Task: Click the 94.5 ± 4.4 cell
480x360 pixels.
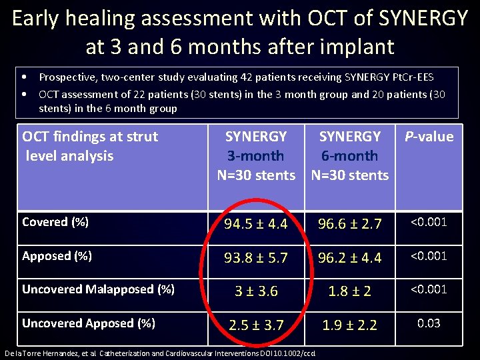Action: tap(256, 225)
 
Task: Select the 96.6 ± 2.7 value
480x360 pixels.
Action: tap(349, 225)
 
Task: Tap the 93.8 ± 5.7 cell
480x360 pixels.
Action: tap(256, 258)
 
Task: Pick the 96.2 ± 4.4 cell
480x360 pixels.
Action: tap(349, 258)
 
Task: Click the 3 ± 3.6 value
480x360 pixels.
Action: tap(256, 291)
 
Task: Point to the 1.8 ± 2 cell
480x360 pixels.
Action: tap(349, 291)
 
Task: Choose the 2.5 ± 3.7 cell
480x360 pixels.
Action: tap(256, 325)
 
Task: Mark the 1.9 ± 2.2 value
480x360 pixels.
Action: tap(349, 325)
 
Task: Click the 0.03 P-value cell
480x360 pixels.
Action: tap(429, 323)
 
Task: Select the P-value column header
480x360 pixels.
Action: tap(429, 137)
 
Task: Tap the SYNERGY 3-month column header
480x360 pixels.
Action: tap(256, 156)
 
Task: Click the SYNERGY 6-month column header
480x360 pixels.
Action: tap(349, 156)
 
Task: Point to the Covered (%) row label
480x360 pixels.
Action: tap(55, 222)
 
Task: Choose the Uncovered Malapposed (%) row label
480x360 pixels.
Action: tap(99, 289)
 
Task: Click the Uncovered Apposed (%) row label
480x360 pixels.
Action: tap(89, 323)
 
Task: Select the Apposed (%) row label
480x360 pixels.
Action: tap(56, 256)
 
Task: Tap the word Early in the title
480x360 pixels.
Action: tap(43, 18)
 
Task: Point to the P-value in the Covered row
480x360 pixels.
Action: tap(429, 222)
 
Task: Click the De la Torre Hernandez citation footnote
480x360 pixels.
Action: tap(159, 353)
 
